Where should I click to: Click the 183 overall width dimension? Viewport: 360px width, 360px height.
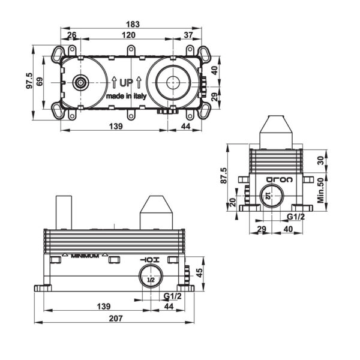pos(133,25)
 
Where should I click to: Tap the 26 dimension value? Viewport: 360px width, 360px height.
pos(72,36)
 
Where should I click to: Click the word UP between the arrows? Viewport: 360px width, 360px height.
pos(126,82)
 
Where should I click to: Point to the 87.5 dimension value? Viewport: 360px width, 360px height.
pos(224,176)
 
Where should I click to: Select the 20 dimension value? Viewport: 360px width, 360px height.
pos(233,202)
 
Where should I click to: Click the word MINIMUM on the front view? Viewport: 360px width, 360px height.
pos(85,256)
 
